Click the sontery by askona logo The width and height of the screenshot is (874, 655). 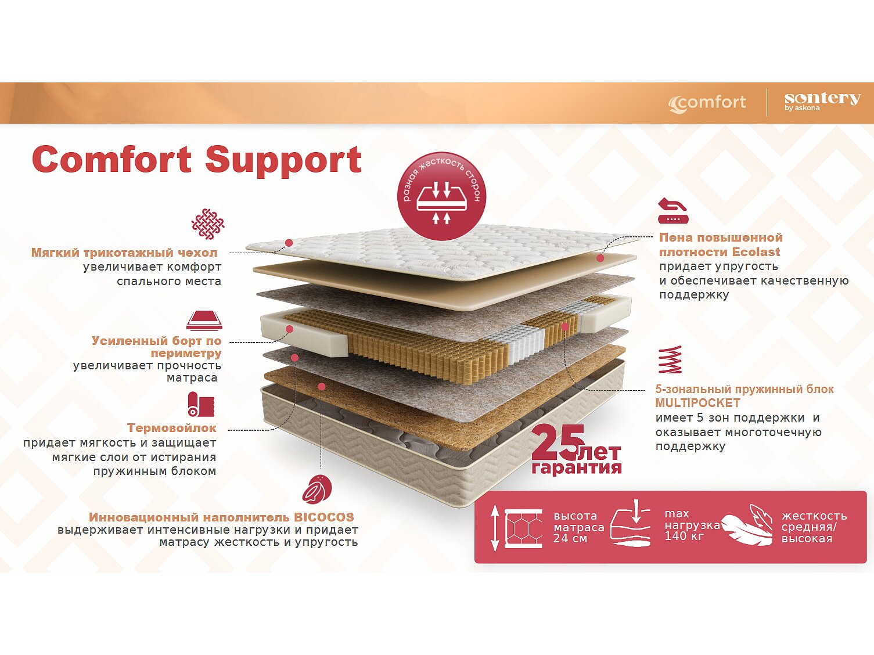pos(822,101)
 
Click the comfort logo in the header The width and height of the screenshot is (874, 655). pos(707,103)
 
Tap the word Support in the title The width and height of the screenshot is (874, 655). pos(283,159)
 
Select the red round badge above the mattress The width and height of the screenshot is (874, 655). pos(441,196)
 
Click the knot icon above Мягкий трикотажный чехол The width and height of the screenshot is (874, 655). pos(207,224)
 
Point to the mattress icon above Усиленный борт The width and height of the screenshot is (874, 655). pos(204,320)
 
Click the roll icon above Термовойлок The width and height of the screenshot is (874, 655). pos(201,404)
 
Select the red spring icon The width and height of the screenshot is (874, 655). pos(670,360)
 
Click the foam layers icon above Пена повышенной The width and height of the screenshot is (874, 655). pos(672,211)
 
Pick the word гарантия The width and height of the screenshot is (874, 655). pos(576,468)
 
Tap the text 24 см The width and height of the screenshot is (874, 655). pos(570,538)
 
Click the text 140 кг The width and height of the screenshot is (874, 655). pos(684,536)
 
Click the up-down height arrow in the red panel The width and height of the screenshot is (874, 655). pos(495,527)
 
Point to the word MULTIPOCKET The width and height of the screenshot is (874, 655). pos(697,403)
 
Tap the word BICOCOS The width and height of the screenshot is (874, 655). pos(323,517)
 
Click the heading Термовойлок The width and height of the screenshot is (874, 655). pos(171,428)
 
